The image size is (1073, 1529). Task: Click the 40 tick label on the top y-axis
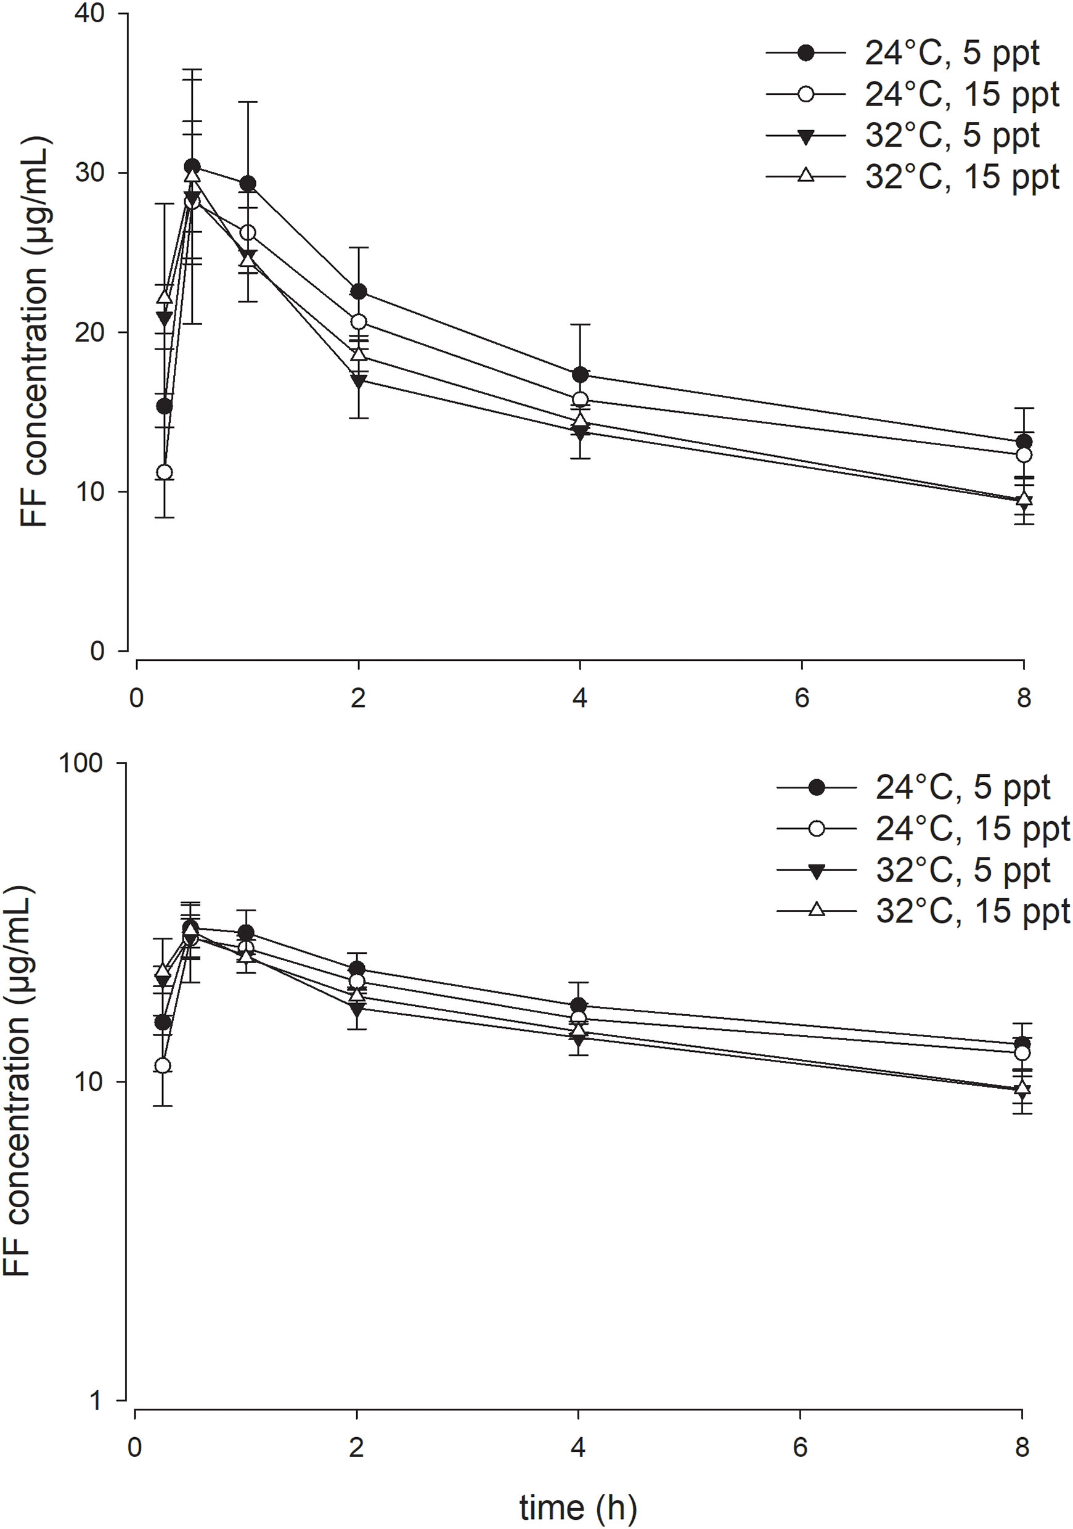91,14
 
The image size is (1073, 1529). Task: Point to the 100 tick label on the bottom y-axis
81,763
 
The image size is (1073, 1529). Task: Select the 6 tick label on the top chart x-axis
801,698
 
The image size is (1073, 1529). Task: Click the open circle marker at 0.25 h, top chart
165,473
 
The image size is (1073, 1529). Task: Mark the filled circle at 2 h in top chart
359,292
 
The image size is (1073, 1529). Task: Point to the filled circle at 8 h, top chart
1024,442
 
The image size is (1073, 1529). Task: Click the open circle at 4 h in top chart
581,400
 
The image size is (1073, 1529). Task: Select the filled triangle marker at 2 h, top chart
359,381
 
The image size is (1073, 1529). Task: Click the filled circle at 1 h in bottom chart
247,932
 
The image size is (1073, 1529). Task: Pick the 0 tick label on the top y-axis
97,650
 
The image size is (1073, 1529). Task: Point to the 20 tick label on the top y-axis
91,332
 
